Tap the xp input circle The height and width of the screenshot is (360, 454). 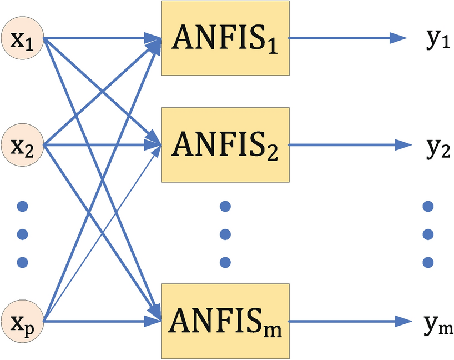point(23,321)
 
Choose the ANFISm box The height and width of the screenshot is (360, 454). point(225,321)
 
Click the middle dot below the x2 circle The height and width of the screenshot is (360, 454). point(23,233)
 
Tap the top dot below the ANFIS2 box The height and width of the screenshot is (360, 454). point(225,207)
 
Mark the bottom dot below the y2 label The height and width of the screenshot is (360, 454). point(428,261)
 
